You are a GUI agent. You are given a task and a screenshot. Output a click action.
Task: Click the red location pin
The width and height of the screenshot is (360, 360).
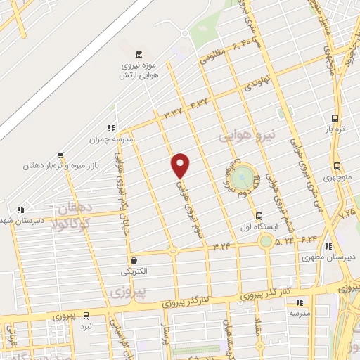(x=181, y=165)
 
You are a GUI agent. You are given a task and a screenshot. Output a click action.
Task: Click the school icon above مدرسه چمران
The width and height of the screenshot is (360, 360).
(x=110, y=128)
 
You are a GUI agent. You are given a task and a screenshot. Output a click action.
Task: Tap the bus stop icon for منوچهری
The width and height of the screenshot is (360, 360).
(x=337, y=167)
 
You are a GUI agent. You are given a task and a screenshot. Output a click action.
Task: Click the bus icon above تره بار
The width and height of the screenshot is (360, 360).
(x=335, y=119)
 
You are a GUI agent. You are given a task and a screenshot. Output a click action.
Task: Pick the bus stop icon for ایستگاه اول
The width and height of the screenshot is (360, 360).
(x=259, y=216)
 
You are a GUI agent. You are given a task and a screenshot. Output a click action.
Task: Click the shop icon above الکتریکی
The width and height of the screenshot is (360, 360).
(x=133, y=259)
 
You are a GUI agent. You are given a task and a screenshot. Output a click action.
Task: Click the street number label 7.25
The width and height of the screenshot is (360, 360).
(x=347, y=209)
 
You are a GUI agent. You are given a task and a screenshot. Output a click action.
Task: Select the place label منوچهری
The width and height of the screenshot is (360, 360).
(x=337, y=178)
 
